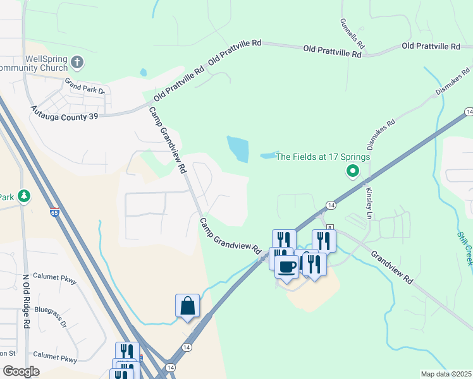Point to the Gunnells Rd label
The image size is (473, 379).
(x=352, y=34)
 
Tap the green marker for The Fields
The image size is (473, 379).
(x=352, y=171)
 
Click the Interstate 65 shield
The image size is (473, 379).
(x=54, y=213)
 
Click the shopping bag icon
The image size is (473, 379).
(x=188, y=306)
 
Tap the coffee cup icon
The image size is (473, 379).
(x=287, y=266)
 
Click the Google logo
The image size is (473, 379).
(x=21, y=371)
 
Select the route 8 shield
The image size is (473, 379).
(x=329, y=227)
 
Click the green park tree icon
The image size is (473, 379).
(x=24, y=196)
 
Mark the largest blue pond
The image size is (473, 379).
(x=238, y=148)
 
